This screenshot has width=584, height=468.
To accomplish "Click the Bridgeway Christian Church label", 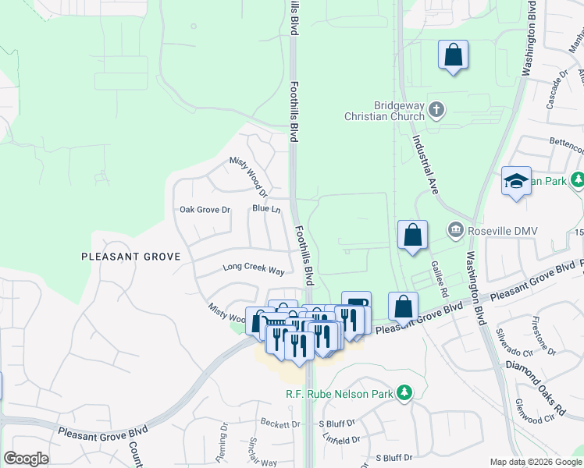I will (x=387, y=111).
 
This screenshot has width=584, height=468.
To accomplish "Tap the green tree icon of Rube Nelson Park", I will (x=404, y=392).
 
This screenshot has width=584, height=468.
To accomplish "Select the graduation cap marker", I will (x=516, y=183).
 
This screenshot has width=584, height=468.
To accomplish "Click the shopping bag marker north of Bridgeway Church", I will (x=453, y=55).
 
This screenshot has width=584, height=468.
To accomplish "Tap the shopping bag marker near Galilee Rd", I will (x=412, y=236).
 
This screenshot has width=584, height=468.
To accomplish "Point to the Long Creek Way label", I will (x=254, y=268).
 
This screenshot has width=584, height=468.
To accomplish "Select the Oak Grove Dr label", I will (x=205, y=209).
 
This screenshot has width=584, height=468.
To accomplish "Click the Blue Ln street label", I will (x=266, y=208).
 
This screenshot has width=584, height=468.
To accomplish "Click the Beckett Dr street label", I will (x=280, y=424).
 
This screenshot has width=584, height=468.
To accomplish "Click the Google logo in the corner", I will (x=26, y=459).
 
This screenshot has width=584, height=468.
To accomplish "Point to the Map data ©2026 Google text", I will (x=536, y=462).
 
